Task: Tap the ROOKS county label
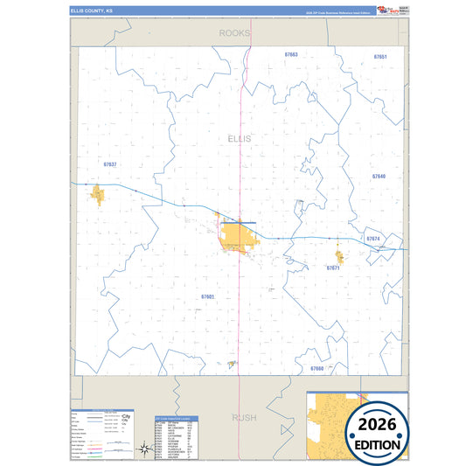tap(234, 32)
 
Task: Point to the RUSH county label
tap(244, 417)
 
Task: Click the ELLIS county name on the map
tap(238, 139)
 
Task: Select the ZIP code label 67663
tap(291, 54)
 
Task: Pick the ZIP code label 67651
tap(379, 56)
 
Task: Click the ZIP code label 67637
tap(109, 164)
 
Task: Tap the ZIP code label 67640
tap(378, 177)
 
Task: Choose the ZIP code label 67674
tap(373, 239)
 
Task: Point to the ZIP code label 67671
tap(333, 268)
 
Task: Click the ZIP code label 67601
tap(207, 297)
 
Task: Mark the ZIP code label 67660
tap(316, 369)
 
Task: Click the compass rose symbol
tap(142, 451)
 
